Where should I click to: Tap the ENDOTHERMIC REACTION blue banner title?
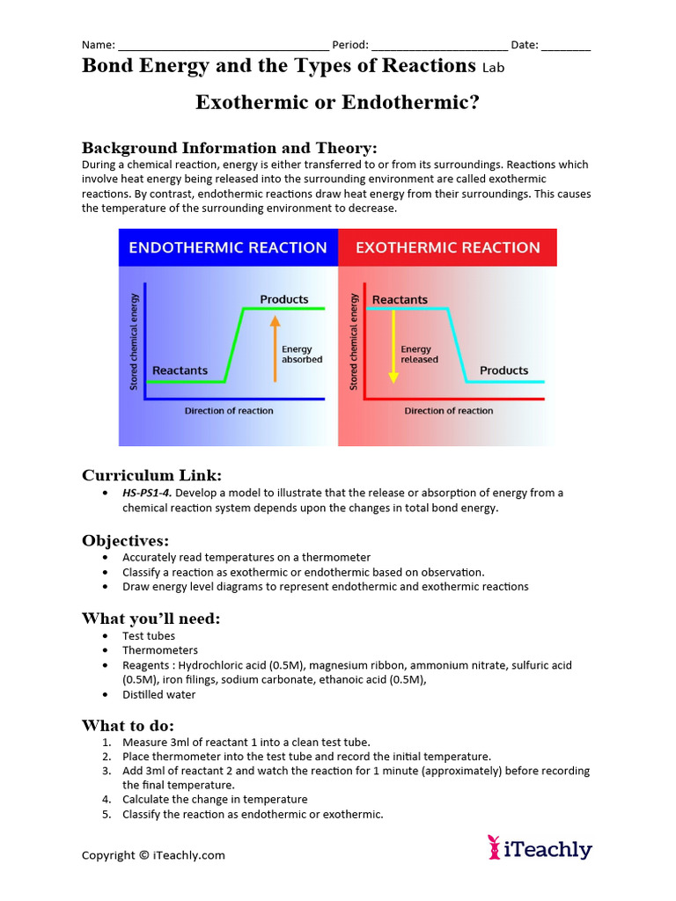[228, 248]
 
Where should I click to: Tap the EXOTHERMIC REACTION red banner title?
[448, 248]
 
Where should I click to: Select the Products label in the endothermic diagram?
[284, 300]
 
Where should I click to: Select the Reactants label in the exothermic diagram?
[400, 300]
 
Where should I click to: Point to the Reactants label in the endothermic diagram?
[180, 370]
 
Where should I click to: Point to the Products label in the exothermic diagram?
[504, 370]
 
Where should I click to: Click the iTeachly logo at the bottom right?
[540, 848]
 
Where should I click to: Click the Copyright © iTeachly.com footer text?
[154, 855]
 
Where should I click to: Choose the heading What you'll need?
[151, 619]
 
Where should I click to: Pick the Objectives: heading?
[126, 540]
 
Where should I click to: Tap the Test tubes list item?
[149, 636]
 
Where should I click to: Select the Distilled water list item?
[159, 695]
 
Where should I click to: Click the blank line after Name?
[224, 46]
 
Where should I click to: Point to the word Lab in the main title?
[494, 67]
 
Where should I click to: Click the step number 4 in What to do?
[107, 800]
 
